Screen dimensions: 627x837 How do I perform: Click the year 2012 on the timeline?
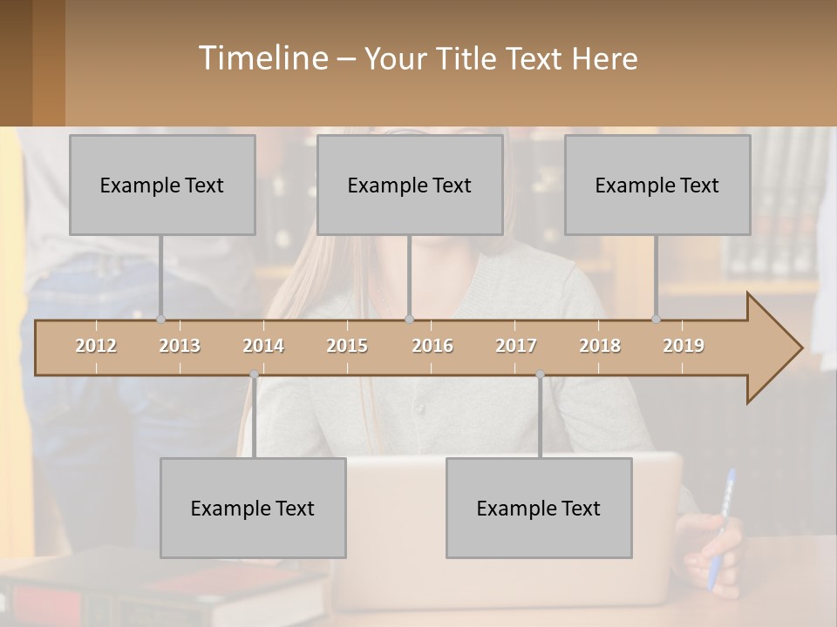point(96,346)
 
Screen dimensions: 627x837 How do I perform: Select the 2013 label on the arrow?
point(180,346)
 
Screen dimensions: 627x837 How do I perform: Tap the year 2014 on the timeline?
point(263,346)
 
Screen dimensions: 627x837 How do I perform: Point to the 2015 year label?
point(347,346)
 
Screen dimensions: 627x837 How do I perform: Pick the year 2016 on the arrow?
point(432,346)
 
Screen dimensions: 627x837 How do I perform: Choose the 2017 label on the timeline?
point(516,346)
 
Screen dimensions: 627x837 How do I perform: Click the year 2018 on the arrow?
point(600,346)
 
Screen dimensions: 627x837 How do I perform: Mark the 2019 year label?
point(684,346)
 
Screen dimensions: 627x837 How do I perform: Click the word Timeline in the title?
point(262,58)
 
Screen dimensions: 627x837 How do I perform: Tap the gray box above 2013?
point(162,185)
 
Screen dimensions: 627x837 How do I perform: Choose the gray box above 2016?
point(410,185)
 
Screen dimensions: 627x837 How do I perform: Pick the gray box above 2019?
point(657,185)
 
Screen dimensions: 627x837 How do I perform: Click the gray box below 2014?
point(253,508)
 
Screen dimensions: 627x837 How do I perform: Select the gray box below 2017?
point(539,508)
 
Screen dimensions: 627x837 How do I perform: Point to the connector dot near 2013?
point(160,320)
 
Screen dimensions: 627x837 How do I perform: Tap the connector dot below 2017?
point(540,374)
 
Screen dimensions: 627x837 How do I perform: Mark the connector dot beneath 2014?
point(254,374)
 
